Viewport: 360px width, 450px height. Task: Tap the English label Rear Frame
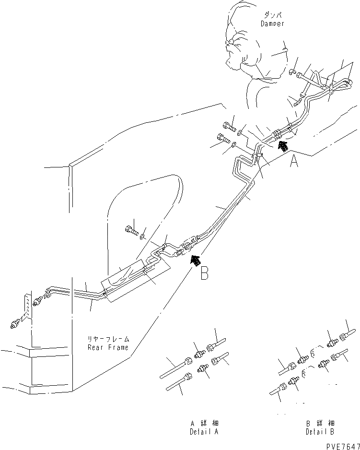coord(108,347)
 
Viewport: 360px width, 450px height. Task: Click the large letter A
coord(294,162)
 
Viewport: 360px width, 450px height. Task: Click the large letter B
coord(204,273)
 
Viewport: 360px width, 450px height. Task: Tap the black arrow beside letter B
coord(195,260)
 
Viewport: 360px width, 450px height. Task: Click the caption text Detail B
coord(320,432)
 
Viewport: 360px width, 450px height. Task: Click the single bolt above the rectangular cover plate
coord(131,232)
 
